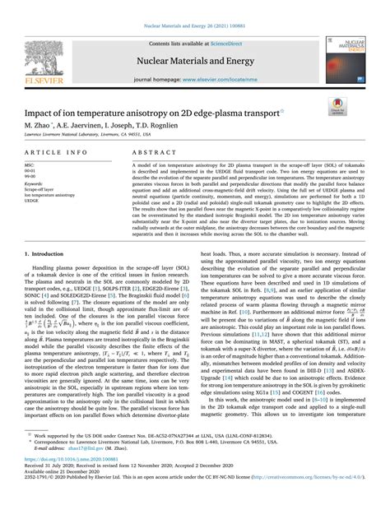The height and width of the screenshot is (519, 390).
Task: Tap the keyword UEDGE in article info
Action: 32,201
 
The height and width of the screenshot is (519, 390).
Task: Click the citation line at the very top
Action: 194,7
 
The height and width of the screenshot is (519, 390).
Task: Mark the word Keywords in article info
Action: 35,183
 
